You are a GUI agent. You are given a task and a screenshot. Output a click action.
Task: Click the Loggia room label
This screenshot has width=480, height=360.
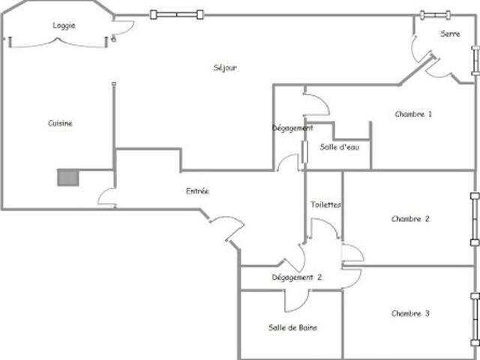tap(64, 25)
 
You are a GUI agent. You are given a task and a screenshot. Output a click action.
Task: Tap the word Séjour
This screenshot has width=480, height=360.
tap(225, 67)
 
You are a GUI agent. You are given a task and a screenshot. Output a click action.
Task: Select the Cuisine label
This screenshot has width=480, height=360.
tap(60, 123)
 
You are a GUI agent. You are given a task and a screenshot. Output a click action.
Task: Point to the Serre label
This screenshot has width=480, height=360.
tap(450, 34)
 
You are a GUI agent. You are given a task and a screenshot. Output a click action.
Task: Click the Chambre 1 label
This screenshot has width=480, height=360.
tap(413, 114)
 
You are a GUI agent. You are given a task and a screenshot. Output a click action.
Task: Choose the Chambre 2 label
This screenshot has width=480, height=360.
tap(410, 219)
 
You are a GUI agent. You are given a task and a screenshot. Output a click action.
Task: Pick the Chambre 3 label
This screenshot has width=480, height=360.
tap(410, 313)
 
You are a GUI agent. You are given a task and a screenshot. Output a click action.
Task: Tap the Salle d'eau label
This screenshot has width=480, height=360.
tap(340, 147)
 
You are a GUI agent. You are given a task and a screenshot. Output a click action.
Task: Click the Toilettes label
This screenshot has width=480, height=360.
tap(325, 205)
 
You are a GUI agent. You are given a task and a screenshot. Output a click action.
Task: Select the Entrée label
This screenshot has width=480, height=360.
tap(197, 191)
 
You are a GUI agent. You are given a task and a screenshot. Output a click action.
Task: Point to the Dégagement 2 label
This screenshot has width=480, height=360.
tap(297, 277)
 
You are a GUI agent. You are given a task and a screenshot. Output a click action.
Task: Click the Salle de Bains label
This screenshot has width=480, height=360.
tap(292, 328)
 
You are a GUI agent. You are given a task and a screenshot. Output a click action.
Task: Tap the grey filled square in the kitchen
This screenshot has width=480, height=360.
tap(68, 178)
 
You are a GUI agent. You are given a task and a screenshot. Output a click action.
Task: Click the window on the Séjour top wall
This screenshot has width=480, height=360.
tap(177, 14)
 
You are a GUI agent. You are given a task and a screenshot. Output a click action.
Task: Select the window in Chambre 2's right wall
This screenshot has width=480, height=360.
tap(475, 219)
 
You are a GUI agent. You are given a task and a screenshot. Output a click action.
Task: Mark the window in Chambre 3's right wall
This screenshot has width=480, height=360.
tap(475, 319)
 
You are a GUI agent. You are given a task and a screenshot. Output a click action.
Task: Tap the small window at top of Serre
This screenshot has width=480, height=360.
tap(435, 15)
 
